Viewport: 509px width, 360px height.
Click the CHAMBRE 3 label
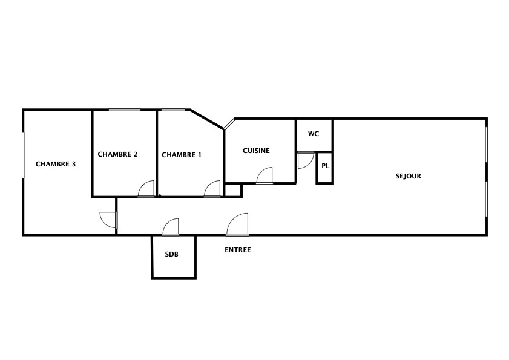tap(56, 164)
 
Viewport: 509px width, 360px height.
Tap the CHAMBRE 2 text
tap(117, 154)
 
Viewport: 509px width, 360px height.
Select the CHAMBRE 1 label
tap(182, 155)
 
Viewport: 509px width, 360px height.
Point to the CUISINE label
tap(256, 151)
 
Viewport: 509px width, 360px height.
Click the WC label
tap(314, 134)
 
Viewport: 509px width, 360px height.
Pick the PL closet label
tap(326, 166)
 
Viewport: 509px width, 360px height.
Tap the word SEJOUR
tap(409, 176)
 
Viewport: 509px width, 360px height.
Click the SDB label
tap(172, 254)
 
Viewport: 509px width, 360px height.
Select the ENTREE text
tap(238, 250)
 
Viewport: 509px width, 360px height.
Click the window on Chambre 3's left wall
tap(23, 155)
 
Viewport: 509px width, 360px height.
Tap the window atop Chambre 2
tap(125, 110)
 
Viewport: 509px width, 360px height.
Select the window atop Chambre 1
tap(173, 110)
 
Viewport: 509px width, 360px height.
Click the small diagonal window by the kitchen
tap(229, 124)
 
